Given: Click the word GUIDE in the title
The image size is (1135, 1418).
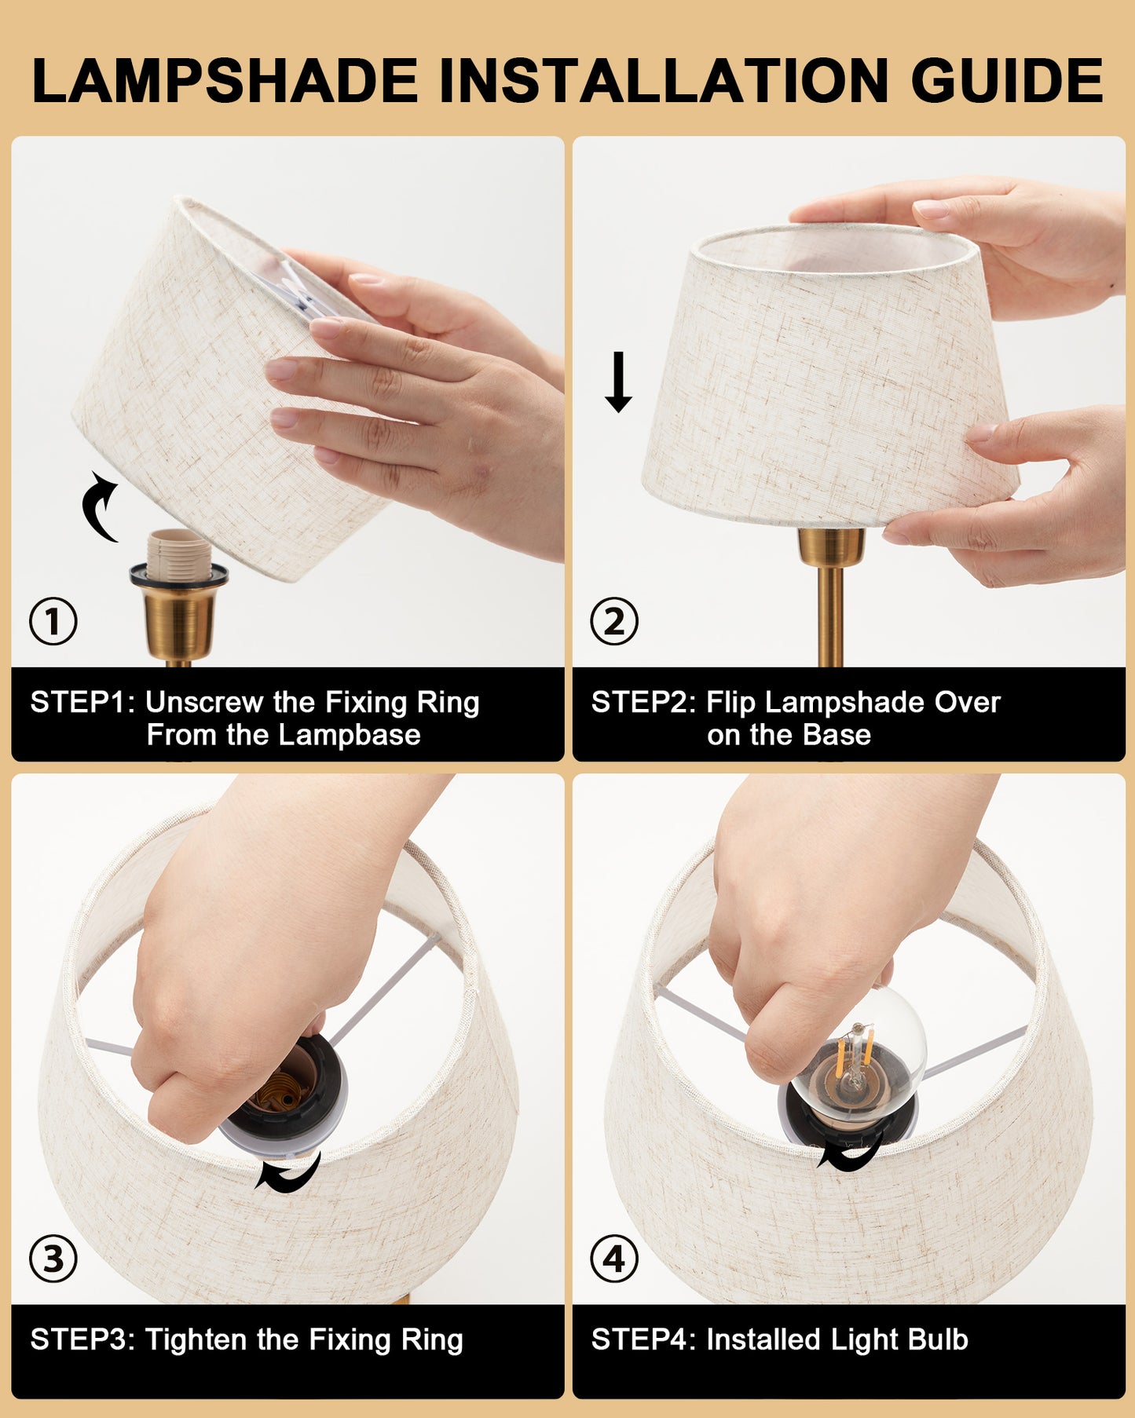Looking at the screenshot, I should pyautogui.click(x=1007, y=81).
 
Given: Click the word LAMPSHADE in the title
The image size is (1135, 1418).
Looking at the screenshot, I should pyautogui.click(x=225, y=81).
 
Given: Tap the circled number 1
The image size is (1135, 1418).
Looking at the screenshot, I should pyautogui.click(x=53, y=622).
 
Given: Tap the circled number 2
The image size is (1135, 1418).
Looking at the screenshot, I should pyautogui.click(x=614, y=622).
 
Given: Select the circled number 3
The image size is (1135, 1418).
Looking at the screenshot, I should pyautogui.click(x=53, y=1259).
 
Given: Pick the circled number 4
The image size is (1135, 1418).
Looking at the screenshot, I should pyautogui.click(x=614, y=1259).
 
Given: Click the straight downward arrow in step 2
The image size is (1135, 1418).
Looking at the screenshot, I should pyautogui.click(x=618, y=382).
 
